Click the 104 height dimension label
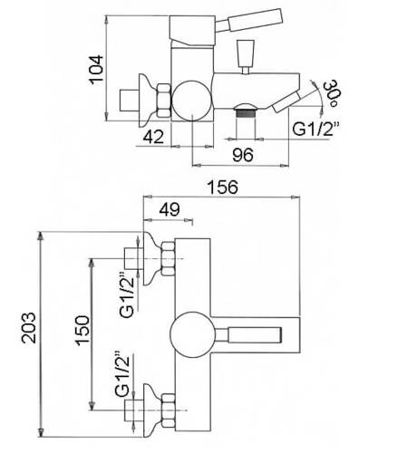pos(96,70)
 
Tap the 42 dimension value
pos(153,137)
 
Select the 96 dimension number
pos(243,155)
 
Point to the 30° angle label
pos(330,93)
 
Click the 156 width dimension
pos(222,187)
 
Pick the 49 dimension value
pos(170,209)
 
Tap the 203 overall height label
pos(29,327)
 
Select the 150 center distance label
pos(82,331)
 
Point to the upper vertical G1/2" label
pos(127,294)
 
